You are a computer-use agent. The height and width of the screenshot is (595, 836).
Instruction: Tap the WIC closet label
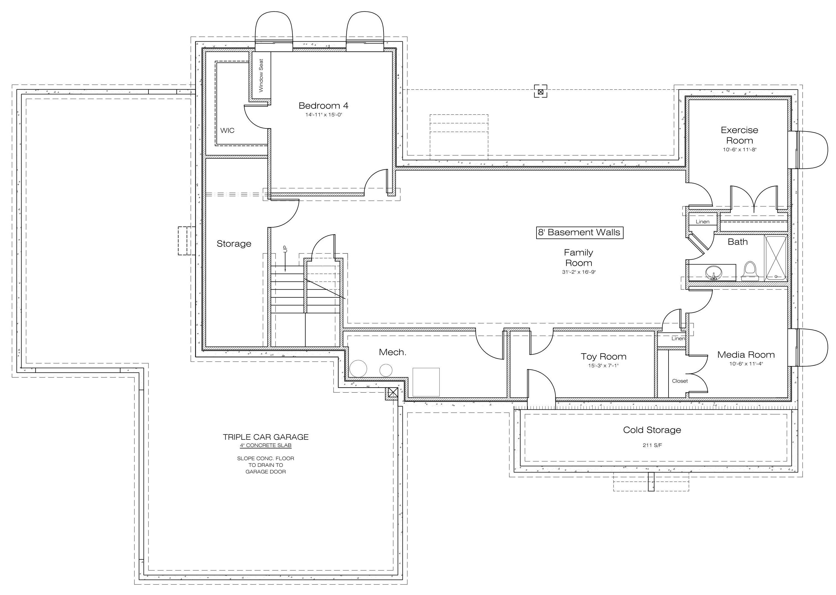tap(227, 130)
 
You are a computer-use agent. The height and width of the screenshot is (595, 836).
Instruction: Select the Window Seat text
tap(261, 75)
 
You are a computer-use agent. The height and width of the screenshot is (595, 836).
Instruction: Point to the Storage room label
tap(234, 244)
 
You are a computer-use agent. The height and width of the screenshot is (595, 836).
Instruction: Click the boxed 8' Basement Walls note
tap(579, 232)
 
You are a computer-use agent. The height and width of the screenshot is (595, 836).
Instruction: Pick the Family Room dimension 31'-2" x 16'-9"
tap(579, 272)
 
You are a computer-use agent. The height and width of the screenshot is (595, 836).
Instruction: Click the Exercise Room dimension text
tap(740, 149)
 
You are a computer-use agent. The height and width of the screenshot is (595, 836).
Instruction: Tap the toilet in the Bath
tap(750, 271)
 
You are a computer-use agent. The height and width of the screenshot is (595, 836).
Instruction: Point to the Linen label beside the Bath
tap(702, 222)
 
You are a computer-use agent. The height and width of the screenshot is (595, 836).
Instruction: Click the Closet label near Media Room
tap(680, 381)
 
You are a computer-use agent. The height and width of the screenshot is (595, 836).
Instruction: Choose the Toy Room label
tap(603, 357)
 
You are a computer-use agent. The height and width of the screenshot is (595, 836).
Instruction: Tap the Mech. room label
tap(392, 352)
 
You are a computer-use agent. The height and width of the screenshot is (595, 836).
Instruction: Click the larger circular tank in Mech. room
tap(358, 369)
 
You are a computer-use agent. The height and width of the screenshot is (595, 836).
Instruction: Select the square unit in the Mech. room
tap(426, 382)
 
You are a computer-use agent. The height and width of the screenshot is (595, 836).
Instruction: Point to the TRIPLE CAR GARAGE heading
tap(266, 437)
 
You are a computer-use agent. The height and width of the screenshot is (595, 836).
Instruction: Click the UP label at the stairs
tap(286, 249)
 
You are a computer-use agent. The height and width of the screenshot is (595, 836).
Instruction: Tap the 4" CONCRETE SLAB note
tap(266, 446)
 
